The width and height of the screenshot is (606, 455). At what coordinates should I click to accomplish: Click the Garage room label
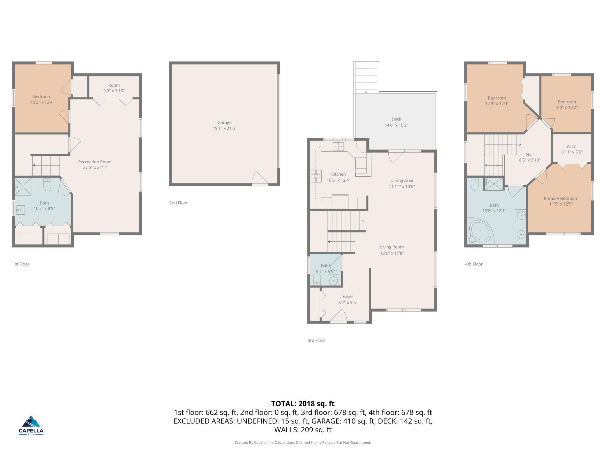coord(224,123)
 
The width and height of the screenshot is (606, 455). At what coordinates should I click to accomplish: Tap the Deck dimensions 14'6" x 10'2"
coord(396,125)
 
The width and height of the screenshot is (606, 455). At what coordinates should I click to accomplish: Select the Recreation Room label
coord(95,162)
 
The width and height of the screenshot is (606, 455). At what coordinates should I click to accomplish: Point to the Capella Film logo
coord(31,425)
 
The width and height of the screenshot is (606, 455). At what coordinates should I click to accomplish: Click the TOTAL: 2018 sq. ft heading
coord(303,404)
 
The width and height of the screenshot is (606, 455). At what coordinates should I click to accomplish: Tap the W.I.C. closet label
coord(572,146)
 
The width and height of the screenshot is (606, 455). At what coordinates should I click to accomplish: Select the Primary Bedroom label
coord(561,198)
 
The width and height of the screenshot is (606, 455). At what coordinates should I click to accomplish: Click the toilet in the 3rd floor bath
coord(317,279)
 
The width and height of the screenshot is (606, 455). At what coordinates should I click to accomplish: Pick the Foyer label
coord(348,296)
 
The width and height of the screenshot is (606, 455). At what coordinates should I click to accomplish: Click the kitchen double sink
coord(338,146)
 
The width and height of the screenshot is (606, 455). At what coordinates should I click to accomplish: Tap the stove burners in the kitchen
coord(316,176)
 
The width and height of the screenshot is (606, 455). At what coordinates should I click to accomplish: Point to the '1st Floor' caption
coord(21,264)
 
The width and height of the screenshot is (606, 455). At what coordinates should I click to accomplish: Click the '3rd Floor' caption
coord(316,340)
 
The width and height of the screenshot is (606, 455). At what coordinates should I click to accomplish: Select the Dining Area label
coord(401,180)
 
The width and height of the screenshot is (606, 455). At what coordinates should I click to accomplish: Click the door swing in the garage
coord(260,178)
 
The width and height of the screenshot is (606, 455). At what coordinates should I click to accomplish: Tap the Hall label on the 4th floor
coord(530,154)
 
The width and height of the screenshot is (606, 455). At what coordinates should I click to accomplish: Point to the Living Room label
coord(392,247)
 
